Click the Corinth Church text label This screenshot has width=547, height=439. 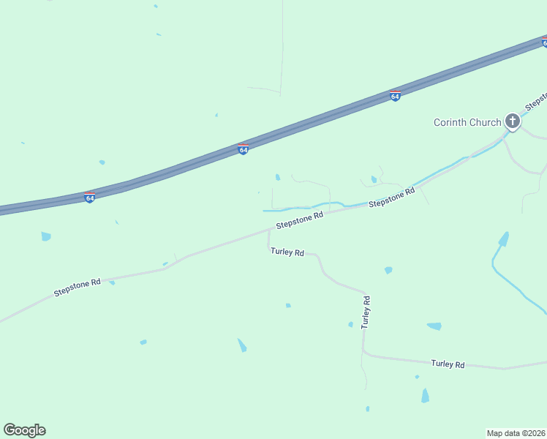[x=467, y=122]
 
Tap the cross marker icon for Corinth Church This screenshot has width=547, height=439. [x=513, y=121]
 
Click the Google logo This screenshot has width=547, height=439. [x=24, y=430]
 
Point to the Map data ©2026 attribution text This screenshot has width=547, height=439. [x=516, y=432]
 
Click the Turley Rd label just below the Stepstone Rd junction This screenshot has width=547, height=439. [x=287, y=252]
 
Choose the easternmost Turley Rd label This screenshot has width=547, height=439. [x=448, y=364]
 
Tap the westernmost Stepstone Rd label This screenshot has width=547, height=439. [x=77, y=286]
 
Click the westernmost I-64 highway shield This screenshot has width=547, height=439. [x=89, y=198]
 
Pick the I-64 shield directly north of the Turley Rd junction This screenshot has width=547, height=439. [x=244, y=149]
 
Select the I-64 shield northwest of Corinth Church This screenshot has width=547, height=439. [x=395, y=96]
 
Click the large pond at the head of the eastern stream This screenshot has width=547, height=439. [x=503, y=239]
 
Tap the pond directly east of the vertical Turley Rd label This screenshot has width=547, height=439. [x=434, y=326]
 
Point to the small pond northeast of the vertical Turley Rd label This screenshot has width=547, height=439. [x=388, y=270]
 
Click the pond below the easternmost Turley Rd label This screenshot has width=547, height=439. [x=425, y=395]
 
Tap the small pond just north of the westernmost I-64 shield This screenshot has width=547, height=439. [x=102, y=162]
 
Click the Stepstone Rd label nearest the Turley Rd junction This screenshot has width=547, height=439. [x=300, y=220]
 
